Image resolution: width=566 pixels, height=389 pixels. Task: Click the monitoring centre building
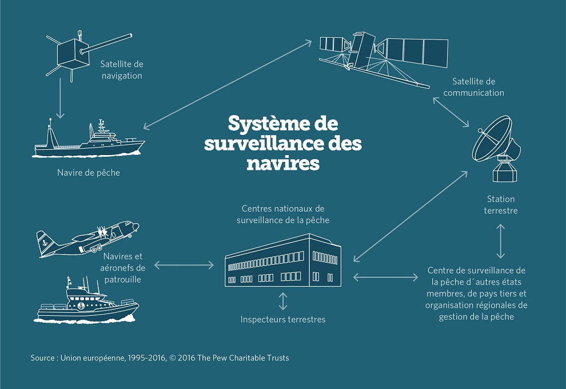[282, 262]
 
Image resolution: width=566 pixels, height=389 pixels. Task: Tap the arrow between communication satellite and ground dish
[451, 112]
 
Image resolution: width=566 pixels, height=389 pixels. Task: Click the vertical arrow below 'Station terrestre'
[501, 241]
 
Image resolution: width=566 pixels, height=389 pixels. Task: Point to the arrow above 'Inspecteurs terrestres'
[283, 301]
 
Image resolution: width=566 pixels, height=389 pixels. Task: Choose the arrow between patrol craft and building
[184, 265]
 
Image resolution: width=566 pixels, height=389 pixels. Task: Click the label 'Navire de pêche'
[89, 172]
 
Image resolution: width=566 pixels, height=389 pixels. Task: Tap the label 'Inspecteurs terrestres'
[283, 319]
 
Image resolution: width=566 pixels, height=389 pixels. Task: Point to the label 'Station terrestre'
[501, 205]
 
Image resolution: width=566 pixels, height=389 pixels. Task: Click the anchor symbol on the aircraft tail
[44, 241]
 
